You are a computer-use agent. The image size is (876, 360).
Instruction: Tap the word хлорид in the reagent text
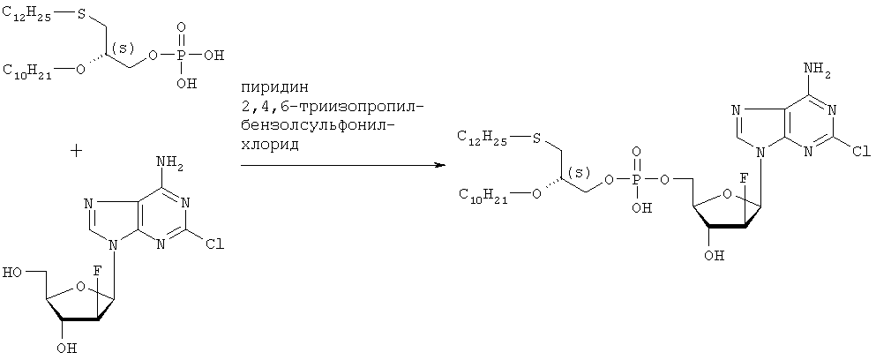[x=270, y=144]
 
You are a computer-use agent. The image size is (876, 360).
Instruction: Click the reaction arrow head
[x=441, y=166]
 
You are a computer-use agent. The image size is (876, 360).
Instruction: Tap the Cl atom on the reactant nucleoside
[x=215, y=245]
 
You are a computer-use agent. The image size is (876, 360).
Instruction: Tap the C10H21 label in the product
[x=483, y=195]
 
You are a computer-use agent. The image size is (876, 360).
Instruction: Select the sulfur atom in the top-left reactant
[x=80, y=14]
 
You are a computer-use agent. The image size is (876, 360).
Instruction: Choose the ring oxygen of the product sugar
[x=728, y=194]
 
